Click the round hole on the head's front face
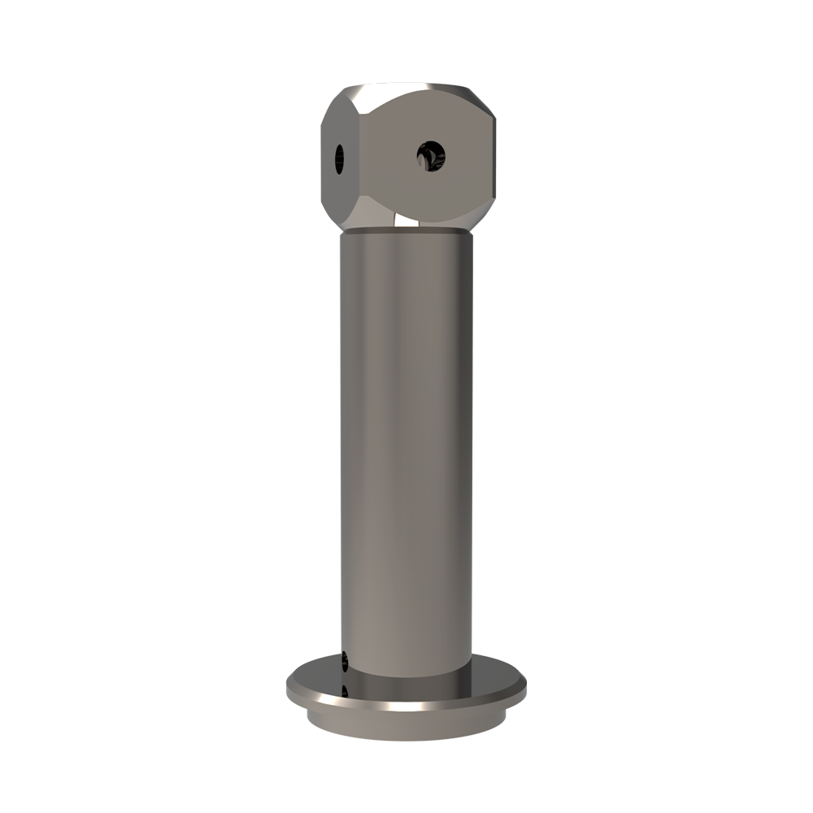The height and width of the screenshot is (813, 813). point(430,154)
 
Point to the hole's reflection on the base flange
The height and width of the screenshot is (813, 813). point(346,692)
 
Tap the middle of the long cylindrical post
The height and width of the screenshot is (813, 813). point(406,447)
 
